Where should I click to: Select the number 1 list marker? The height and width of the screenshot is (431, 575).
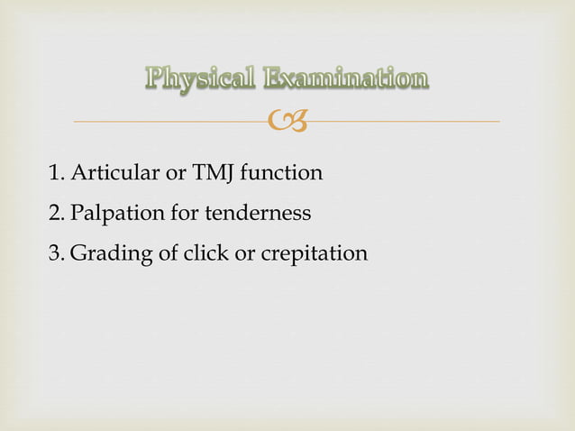click(x=55, y=172)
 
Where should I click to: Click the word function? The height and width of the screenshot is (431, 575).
click(x=282, y=172)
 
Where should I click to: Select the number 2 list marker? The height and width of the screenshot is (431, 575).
click(x=55, y=214)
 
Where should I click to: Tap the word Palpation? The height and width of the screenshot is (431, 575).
click(x=111, y=215)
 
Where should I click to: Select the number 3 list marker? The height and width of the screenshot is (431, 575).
click(x=55, y=254)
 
